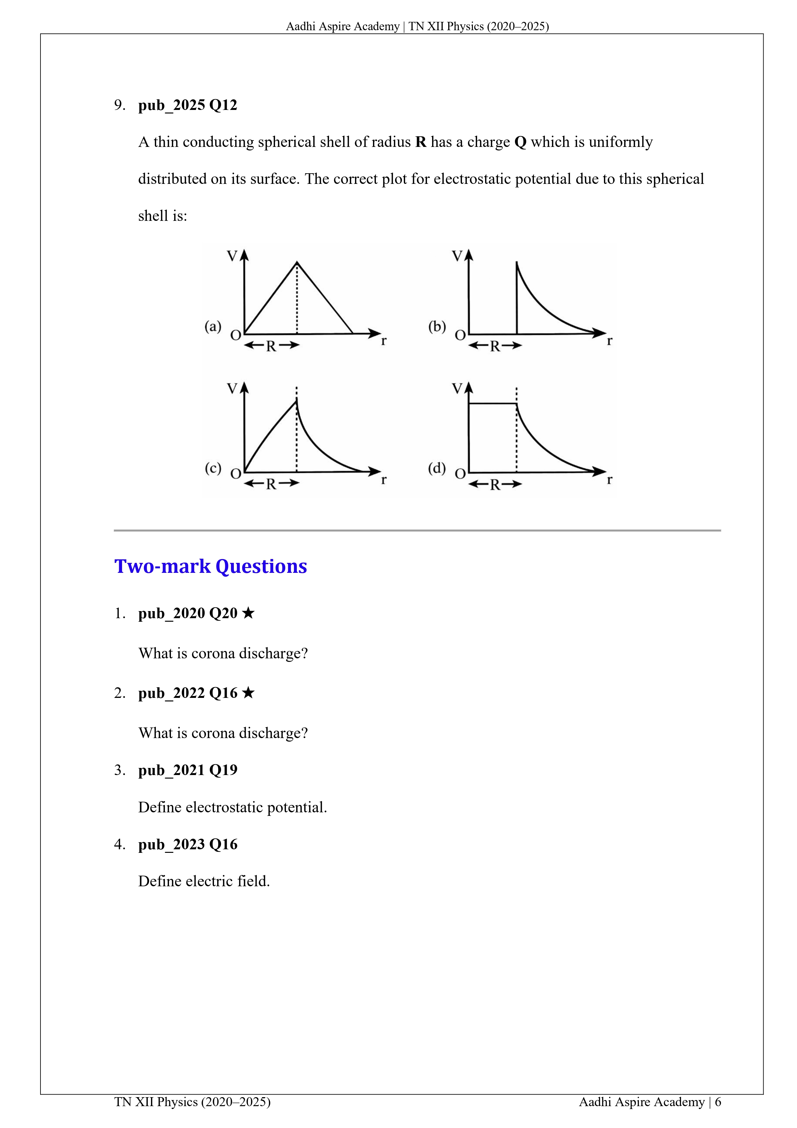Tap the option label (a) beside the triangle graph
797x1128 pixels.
click(x=213, y=327)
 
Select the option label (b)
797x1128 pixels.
click(x=437, y=327)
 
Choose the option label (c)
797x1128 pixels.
click(x=213, y=468)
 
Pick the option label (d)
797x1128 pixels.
click(x=437, y=468)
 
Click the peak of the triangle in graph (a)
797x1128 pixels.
click(x=297, y=263)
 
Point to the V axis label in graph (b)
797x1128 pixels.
click(x=457, y=256)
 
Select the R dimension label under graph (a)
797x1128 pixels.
click(x=271, y=346)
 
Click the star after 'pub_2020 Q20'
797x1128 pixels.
click(x=248, y=613)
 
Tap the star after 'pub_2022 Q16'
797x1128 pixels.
click(x=248, y=693)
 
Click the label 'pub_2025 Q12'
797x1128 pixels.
click(x=188, y=105)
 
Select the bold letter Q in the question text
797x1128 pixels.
click(x=520, y=142)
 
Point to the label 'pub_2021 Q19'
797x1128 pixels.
click(x=188, y=770)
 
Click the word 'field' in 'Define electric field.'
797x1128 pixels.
click(x=253, y=881)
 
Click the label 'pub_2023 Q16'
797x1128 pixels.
click(x=188, y=844)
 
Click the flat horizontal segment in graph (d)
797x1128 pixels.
click(x=492, y=404)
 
